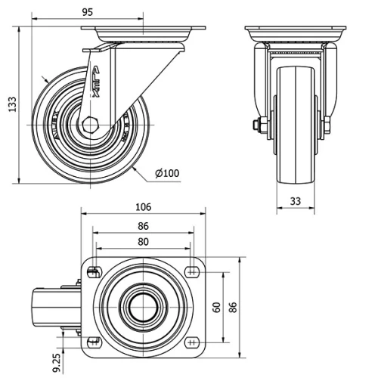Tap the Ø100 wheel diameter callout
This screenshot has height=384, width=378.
[x=167, y=173]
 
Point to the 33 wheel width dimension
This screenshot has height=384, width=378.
[x=296, y=201]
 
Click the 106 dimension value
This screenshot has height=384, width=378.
[x=144, y=206]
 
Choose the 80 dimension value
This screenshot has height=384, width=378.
[x=144, y=241]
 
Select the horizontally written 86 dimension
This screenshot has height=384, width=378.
[x=144, y=225]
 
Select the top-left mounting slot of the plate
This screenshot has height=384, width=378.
[x=93, y=272]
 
